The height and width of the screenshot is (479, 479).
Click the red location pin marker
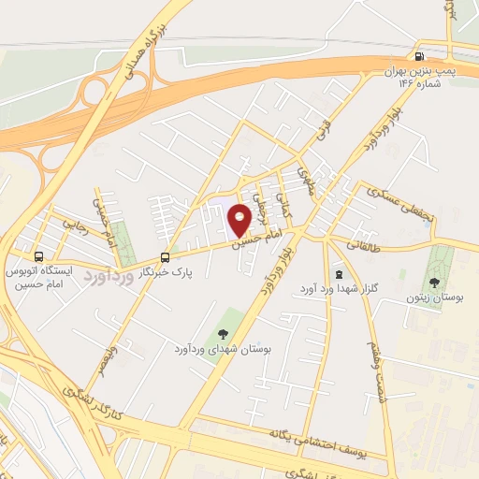239,220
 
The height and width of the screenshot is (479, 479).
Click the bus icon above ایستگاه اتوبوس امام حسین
39,255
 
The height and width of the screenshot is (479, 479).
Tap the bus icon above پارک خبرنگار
166,257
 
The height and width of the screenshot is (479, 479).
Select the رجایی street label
71,224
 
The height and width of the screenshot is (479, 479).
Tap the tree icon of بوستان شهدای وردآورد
223,334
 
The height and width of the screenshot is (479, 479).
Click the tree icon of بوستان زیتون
433,283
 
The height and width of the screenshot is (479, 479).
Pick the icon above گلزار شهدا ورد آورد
339,273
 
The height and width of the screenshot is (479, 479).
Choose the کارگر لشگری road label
93,396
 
